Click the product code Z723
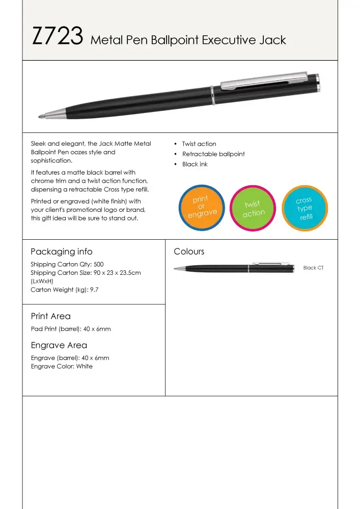(58, 37)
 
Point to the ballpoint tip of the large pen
(41, 117)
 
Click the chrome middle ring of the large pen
(213, 95)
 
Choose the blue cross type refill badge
(304, 208)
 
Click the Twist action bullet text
(199, 144)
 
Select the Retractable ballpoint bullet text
(213, 154)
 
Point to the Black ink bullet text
(195, 164)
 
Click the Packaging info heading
(62, 251)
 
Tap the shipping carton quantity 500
(98, 265)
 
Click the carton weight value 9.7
(94, 290)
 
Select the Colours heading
(189, 251)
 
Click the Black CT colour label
(313, 268)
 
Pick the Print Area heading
(51, 316)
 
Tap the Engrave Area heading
(59, 345)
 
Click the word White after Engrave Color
(85, 366)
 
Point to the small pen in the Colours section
(234, 268)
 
